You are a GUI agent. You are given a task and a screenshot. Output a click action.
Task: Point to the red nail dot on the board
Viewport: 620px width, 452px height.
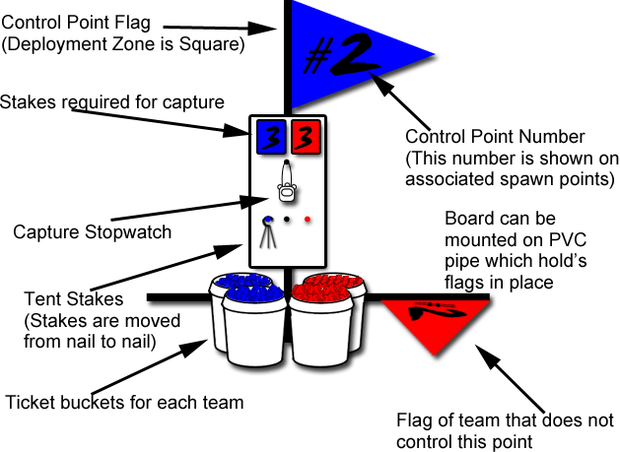[x=308, y=220]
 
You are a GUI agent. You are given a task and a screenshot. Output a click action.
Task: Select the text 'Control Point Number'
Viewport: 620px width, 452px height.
[x=496, y=137]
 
